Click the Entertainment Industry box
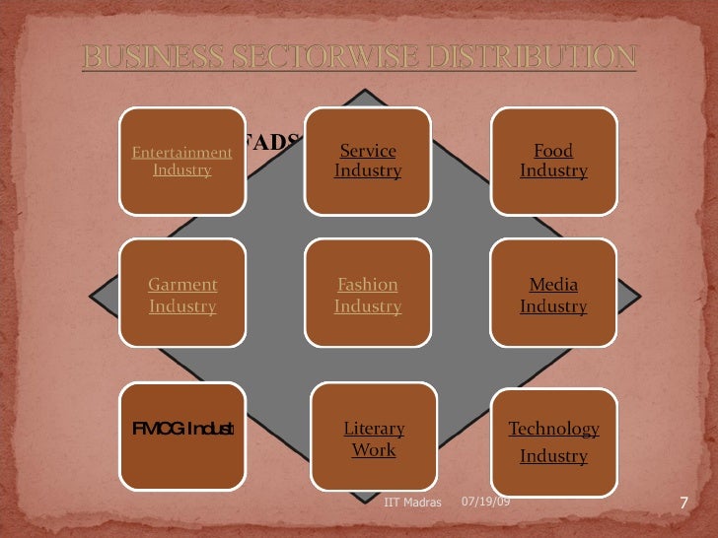(x=182, y=161)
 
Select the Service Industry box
(x=368, y=161)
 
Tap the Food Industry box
(x=553, y=161)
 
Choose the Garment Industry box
(x=182, y=295)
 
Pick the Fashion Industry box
(x=368, y=295)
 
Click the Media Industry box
(x=553, y=295)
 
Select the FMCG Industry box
(x=182, y=437)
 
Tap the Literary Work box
(x=374, y=439)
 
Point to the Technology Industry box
(x=553, y=441)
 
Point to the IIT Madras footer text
(x=413, y=504)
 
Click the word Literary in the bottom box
(x=374, y=429)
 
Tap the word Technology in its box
(x=553, y=429)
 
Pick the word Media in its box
(x=553, y=285)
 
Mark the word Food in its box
(x=553, y=151)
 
